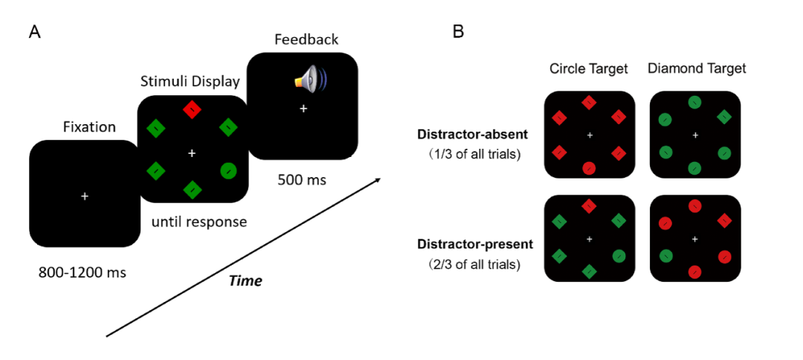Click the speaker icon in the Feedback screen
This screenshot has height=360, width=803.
tap(309, 80)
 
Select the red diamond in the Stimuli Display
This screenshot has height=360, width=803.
tap(193, 110)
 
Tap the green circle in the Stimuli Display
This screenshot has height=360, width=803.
tap(229, 171)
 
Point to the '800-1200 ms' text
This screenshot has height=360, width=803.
tap(82, 272)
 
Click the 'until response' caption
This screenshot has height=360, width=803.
tap(199, 221)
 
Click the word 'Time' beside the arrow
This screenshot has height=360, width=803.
tap(245, 280)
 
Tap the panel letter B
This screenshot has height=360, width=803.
tap(459, 32)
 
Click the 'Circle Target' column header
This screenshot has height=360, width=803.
tap(589, 69)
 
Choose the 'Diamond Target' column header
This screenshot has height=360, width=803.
tap(697, 69)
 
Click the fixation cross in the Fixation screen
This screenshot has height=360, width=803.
tap(85, 196)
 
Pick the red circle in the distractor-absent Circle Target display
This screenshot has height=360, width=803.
tap(589, 167)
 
